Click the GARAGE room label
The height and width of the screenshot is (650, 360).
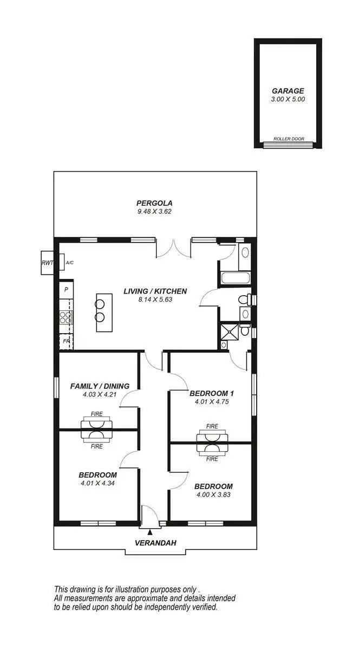[288, 91]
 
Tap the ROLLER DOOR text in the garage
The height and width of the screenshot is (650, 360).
[289, 139]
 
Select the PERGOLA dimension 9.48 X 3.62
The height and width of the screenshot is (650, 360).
[154, 212]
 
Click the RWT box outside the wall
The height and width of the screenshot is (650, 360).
[47, 263]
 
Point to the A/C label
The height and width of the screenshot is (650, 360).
[69, 263]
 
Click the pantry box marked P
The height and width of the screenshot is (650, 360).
[66, 290]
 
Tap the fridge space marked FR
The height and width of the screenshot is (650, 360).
[66, 341]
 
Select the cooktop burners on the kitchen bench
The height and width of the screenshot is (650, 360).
[66, 317]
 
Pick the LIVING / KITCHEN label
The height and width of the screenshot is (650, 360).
[155, 291]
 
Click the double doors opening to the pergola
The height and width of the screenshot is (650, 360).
[173, 249]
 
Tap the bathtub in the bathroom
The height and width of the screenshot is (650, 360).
[235, 279]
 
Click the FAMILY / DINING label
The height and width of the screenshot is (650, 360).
[100, 386]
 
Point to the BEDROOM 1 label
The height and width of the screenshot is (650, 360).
[212, 393]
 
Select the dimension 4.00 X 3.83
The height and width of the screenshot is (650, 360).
[213, 495]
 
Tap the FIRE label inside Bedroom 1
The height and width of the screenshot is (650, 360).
[212, 426]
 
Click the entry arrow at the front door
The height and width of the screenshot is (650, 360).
[150, 534]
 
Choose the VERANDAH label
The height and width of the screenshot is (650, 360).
[155, 543]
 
